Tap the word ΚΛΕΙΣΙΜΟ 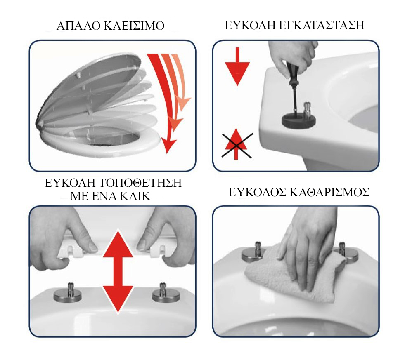134,26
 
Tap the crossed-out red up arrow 236,144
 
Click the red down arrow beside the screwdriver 237,66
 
